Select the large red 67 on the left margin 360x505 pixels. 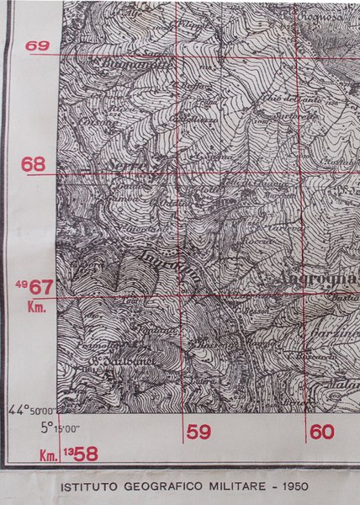pyautogui.click(x=43, y=288)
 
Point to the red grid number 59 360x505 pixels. pyautogui.click(x=199, y=433)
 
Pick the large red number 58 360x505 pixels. pyautogui.click(x=86, y=454)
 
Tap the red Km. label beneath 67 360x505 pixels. pyautogui.click(x=35, y=307)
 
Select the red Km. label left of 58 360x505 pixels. pyautogui.click(x=49, y=456)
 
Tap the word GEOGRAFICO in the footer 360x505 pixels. pyautogui.click(x=161, y=486)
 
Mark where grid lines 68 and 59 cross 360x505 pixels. pyautogui.click(x=179, y=174)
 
